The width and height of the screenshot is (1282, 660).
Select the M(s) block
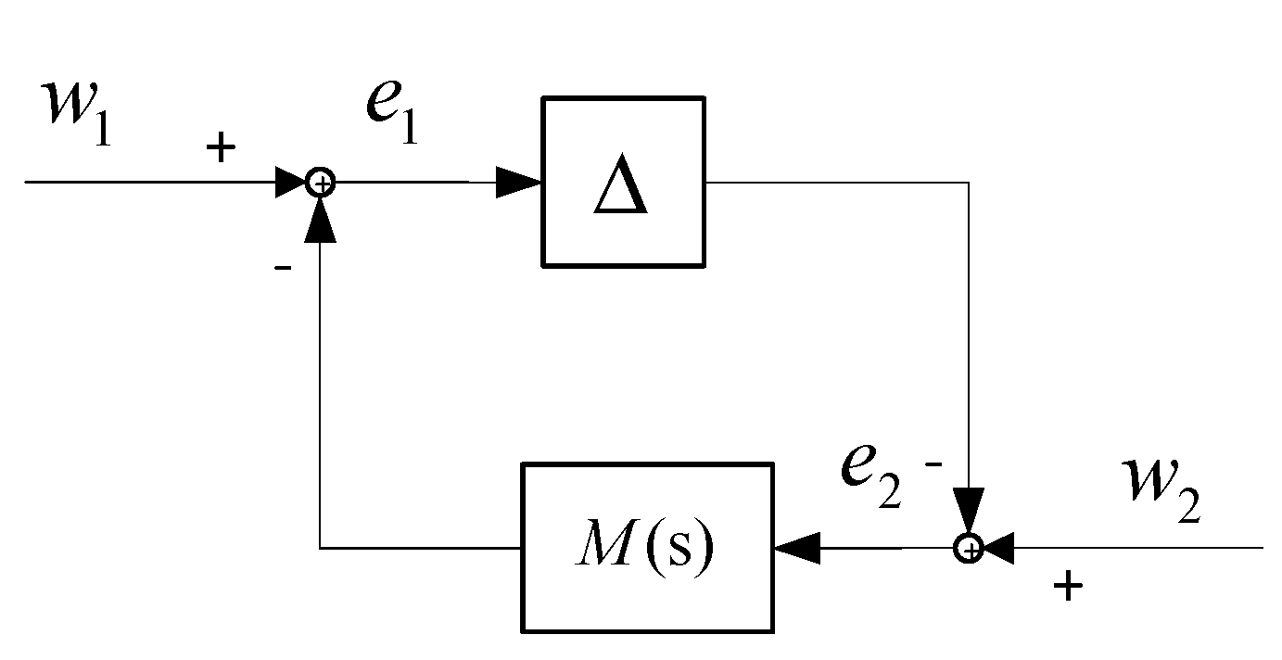[x=647, y=547]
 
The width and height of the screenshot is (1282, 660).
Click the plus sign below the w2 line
[x=1069, y=585]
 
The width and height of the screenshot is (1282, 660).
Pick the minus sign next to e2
[x=933, y=463]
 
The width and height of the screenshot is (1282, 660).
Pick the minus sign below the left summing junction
[x=284, y=268]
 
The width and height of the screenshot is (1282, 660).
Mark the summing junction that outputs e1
[x=321, y=183]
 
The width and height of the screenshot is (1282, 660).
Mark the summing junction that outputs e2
[x=968, y=549]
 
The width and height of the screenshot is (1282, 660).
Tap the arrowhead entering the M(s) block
[x=796, y=549]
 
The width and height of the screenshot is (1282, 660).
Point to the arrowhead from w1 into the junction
[x=291, y=183]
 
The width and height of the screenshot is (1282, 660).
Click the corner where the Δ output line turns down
[x=968, y=183]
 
